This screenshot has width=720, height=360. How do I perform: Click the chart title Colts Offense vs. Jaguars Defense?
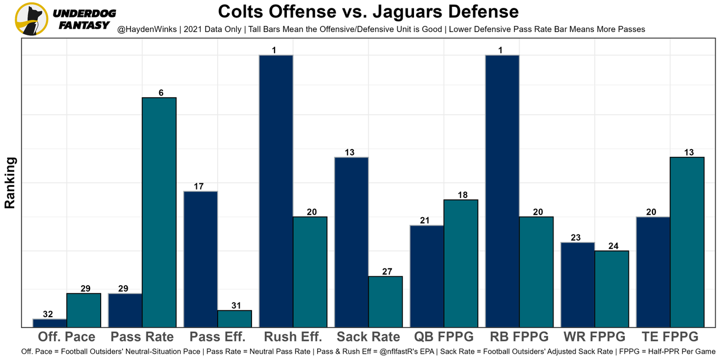pyautogui.click(x=368, y=11)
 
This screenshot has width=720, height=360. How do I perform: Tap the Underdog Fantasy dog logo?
pyautogui.click(x=32, y=19)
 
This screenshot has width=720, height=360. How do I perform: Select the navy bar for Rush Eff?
pyautogui.click(x=276, y=191)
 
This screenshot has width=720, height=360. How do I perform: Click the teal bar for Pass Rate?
pyautogui.click(x=159, y=212)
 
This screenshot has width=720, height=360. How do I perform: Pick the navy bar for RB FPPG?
pyautogui.click(x=502, y=191)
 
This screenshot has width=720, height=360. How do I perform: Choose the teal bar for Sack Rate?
pyautogui.click(x=385, y=301)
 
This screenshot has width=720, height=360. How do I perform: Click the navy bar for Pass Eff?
pyautogui.click(x=200, y=259)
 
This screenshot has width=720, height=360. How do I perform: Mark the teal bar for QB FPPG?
pyautogui.click(x=461, y=263)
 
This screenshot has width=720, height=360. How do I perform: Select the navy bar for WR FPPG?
pyautogui.click(x=577, y=285)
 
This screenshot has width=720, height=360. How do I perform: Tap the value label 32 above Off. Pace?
pyautogui.click(x=49, y=314)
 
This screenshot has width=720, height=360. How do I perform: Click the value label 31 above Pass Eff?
pyautogui.click(x=235, y=305)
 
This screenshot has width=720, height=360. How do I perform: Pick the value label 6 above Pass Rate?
pyautogui.click(x=161, y=93)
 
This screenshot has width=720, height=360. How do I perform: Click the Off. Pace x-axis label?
pyautogui.click(x=66, y=337)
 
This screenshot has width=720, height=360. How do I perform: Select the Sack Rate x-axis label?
pyautogui.click(x=368, y=337)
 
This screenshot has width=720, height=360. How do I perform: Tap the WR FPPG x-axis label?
pyautogui.click(x=595, y=337)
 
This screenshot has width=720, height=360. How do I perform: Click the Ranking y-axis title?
pyautogui.click(x=10, y=183)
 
